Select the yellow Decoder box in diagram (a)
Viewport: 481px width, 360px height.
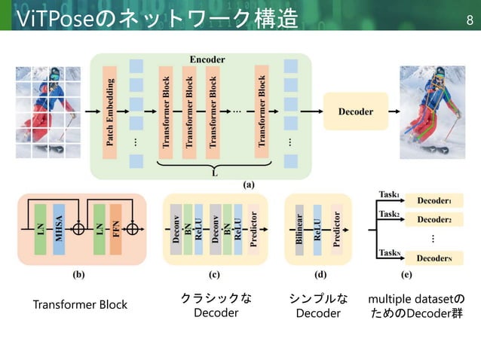point(355,111)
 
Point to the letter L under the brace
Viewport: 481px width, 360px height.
point(213,173)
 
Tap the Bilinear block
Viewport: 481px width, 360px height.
point(300,225)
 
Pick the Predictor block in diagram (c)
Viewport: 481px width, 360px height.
point(253,227)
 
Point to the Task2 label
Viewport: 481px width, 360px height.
point(389,215)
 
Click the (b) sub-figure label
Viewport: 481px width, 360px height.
point(78,275)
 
